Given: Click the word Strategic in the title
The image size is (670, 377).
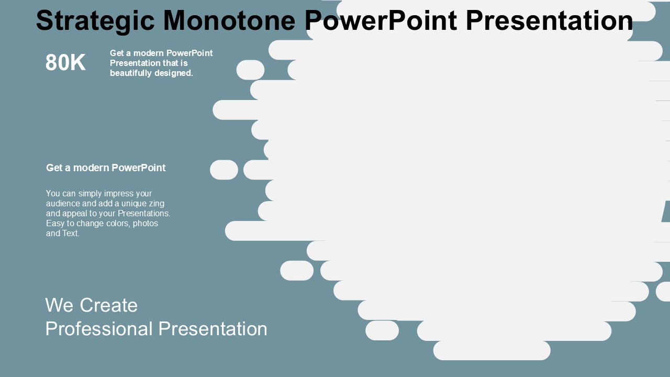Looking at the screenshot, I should coord(95,21).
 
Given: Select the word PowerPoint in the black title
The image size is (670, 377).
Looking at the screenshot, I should coord(381,21).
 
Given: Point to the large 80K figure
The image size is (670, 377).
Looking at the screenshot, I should coord(65,63).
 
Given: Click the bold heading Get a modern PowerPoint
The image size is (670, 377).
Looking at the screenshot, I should coord(106,168).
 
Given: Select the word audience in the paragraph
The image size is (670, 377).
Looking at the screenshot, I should coord(63,204).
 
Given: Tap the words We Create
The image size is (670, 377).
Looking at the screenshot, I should coord(91,305).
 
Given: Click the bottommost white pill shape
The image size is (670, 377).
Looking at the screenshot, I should coord(492,351).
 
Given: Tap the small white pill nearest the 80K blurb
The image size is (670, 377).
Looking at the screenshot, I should coord(250,70).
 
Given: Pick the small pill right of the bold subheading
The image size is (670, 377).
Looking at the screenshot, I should coord(224,170).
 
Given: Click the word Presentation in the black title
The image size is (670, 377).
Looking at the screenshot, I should coord(549,21).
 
